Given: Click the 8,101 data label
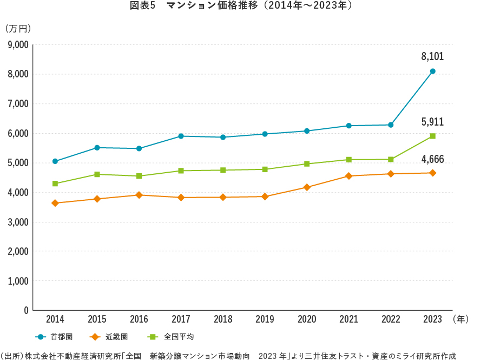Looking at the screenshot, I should [x=432, y=56].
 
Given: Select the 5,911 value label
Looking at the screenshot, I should [x=432, y=122].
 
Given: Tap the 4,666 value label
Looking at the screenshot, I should [x=432, y=159].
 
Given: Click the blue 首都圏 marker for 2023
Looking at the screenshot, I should [x=433, y=71].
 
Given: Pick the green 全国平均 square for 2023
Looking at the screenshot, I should [x=433, y=136].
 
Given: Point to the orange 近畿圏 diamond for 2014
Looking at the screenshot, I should [x=55, y=203].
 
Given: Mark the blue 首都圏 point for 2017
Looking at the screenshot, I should [x=181, y=136].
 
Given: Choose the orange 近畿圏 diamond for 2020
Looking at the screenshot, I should [x=307, y=187].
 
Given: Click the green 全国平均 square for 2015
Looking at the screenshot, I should [x=97, y=174].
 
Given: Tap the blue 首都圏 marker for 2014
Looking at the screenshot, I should [x=55, y=161].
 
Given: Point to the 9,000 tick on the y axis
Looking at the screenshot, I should [x=18, y=44].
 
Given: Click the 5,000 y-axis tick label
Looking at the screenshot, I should [x=18, y=163].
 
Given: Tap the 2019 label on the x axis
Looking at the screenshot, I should [x=265, y=319].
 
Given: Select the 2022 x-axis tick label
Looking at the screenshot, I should [x=391, y=319].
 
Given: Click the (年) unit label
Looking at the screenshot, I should [x=460, y=319].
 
